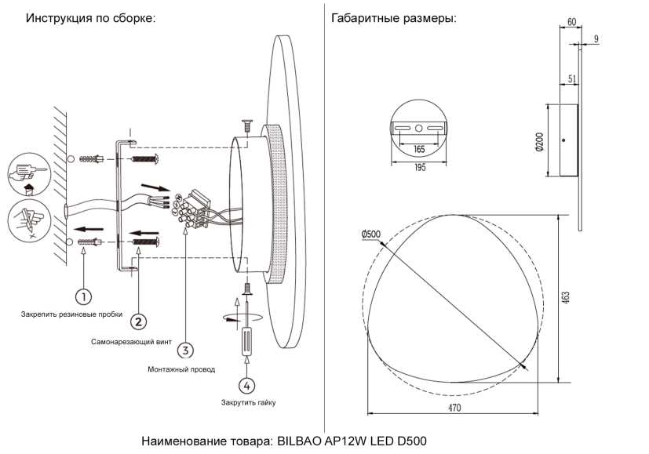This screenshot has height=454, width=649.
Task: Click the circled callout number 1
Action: [82, 296]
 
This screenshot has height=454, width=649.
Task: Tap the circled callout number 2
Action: [138, 321]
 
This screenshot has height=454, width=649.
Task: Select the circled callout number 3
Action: [185, 350]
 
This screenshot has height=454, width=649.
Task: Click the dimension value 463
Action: [566, 298]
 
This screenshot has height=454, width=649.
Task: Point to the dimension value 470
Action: [454, 409]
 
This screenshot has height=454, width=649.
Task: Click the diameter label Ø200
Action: [539, 140]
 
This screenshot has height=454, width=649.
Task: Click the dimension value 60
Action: [571, 22]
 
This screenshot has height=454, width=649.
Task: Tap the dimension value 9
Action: [596, 38]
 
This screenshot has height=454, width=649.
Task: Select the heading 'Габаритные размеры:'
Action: [394, 18]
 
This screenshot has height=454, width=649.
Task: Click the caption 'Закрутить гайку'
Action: [248, 402]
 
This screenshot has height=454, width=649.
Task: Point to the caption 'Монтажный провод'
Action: [181, 369]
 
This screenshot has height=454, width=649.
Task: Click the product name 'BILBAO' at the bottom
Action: [299, 441]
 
